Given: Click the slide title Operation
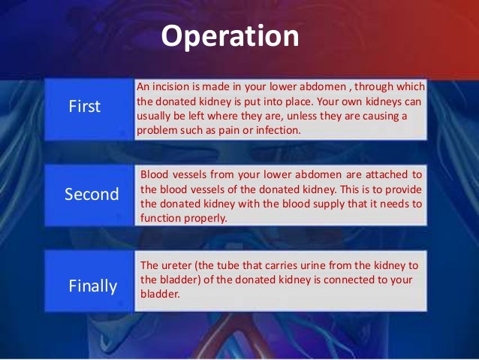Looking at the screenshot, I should pyautogui.click(x=230, y=36).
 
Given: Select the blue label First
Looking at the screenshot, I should pyautogui.click(x=84, y=107).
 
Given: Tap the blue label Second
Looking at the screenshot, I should pyautogui.click(x=92, y=195).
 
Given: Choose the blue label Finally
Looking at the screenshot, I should pyautogui.click(x=93, y=286).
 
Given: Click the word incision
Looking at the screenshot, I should pyautogui.click(x=174, y=87).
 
